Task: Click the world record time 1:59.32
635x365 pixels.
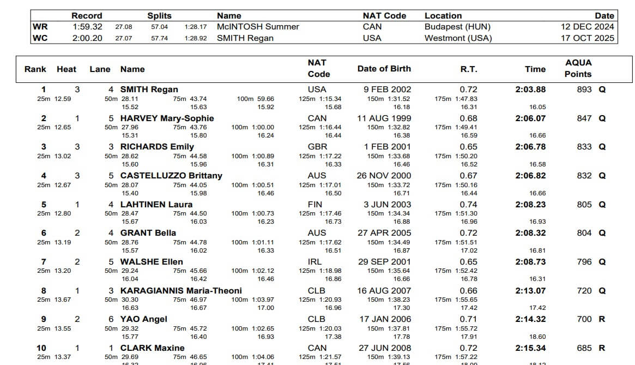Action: (x=87, y=27)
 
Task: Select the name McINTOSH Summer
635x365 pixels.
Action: (x=258, y=27)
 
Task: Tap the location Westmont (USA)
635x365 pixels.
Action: (x=458, y=38)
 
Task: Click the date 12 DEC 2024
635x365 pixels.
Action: (x=587, y=27)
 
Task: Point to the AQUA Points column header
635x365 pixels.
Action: (x=578, y=68)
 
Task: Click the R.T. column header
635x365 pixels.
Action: (x=468, y=69)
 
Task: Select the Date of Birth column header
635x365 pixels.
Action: (x=384, y=69)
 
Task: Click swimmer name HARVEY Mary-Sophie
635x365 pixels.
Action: (x=167, y=118)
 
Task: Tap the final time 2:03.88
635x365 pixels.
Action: (x=530, y=89)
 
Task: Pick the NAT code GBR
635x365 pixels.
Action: (x=317, y=147)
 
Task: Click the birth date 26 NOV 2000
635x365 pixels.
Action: (x=384, y=176)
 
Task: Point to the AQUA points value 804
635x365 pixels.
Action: (x=584, y=233)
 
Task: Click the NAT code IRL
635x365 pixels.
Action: (x=315, y=262)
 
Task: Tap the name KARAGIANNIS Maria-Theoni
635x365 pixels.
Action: (x=181, y=291)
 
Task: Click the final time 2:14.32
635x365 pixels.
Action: (x=530, y=319)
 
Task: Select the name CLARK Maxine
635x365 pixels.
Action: (x=152, y=348)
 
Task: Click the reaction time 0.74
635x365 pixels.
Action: (x=468, y=205)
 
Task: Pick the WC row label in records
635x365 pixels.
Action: (x=40, y=38)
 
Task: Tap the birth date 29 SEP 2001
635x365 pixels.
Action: (x=384, y=262)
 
